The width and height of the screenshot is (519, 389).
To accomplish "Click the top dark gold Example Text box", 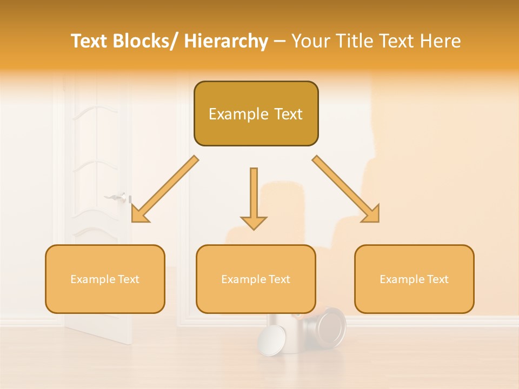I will click(x=256, y=113).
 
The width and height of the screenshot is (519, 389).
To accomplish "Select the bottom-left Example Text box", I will click(x=105, y=279).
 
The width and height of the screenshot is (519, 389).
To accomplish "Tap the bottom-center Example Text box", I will click(x=256, y=279).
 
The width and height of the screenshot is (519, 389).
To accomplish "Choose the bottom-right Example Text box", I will click(x=414, y=279).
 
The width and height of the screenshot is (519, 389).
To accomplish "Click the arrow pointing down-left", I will click(x=165, y=189).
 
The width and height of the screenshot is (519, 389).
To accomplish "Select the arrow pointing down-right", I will click(x=346, y=189).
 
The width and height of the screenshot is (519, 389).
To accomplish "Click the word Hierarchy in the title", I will click(x=226, y=42).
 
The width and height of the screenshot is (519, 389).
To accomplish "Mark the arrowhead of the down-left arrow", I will click(x=139, y=214).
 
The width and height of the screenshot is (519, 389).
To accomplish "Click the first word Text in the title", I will click(x=90, y=42).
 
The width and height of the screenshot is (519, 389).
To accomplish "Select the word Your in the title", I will click(x=311, y=42).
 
